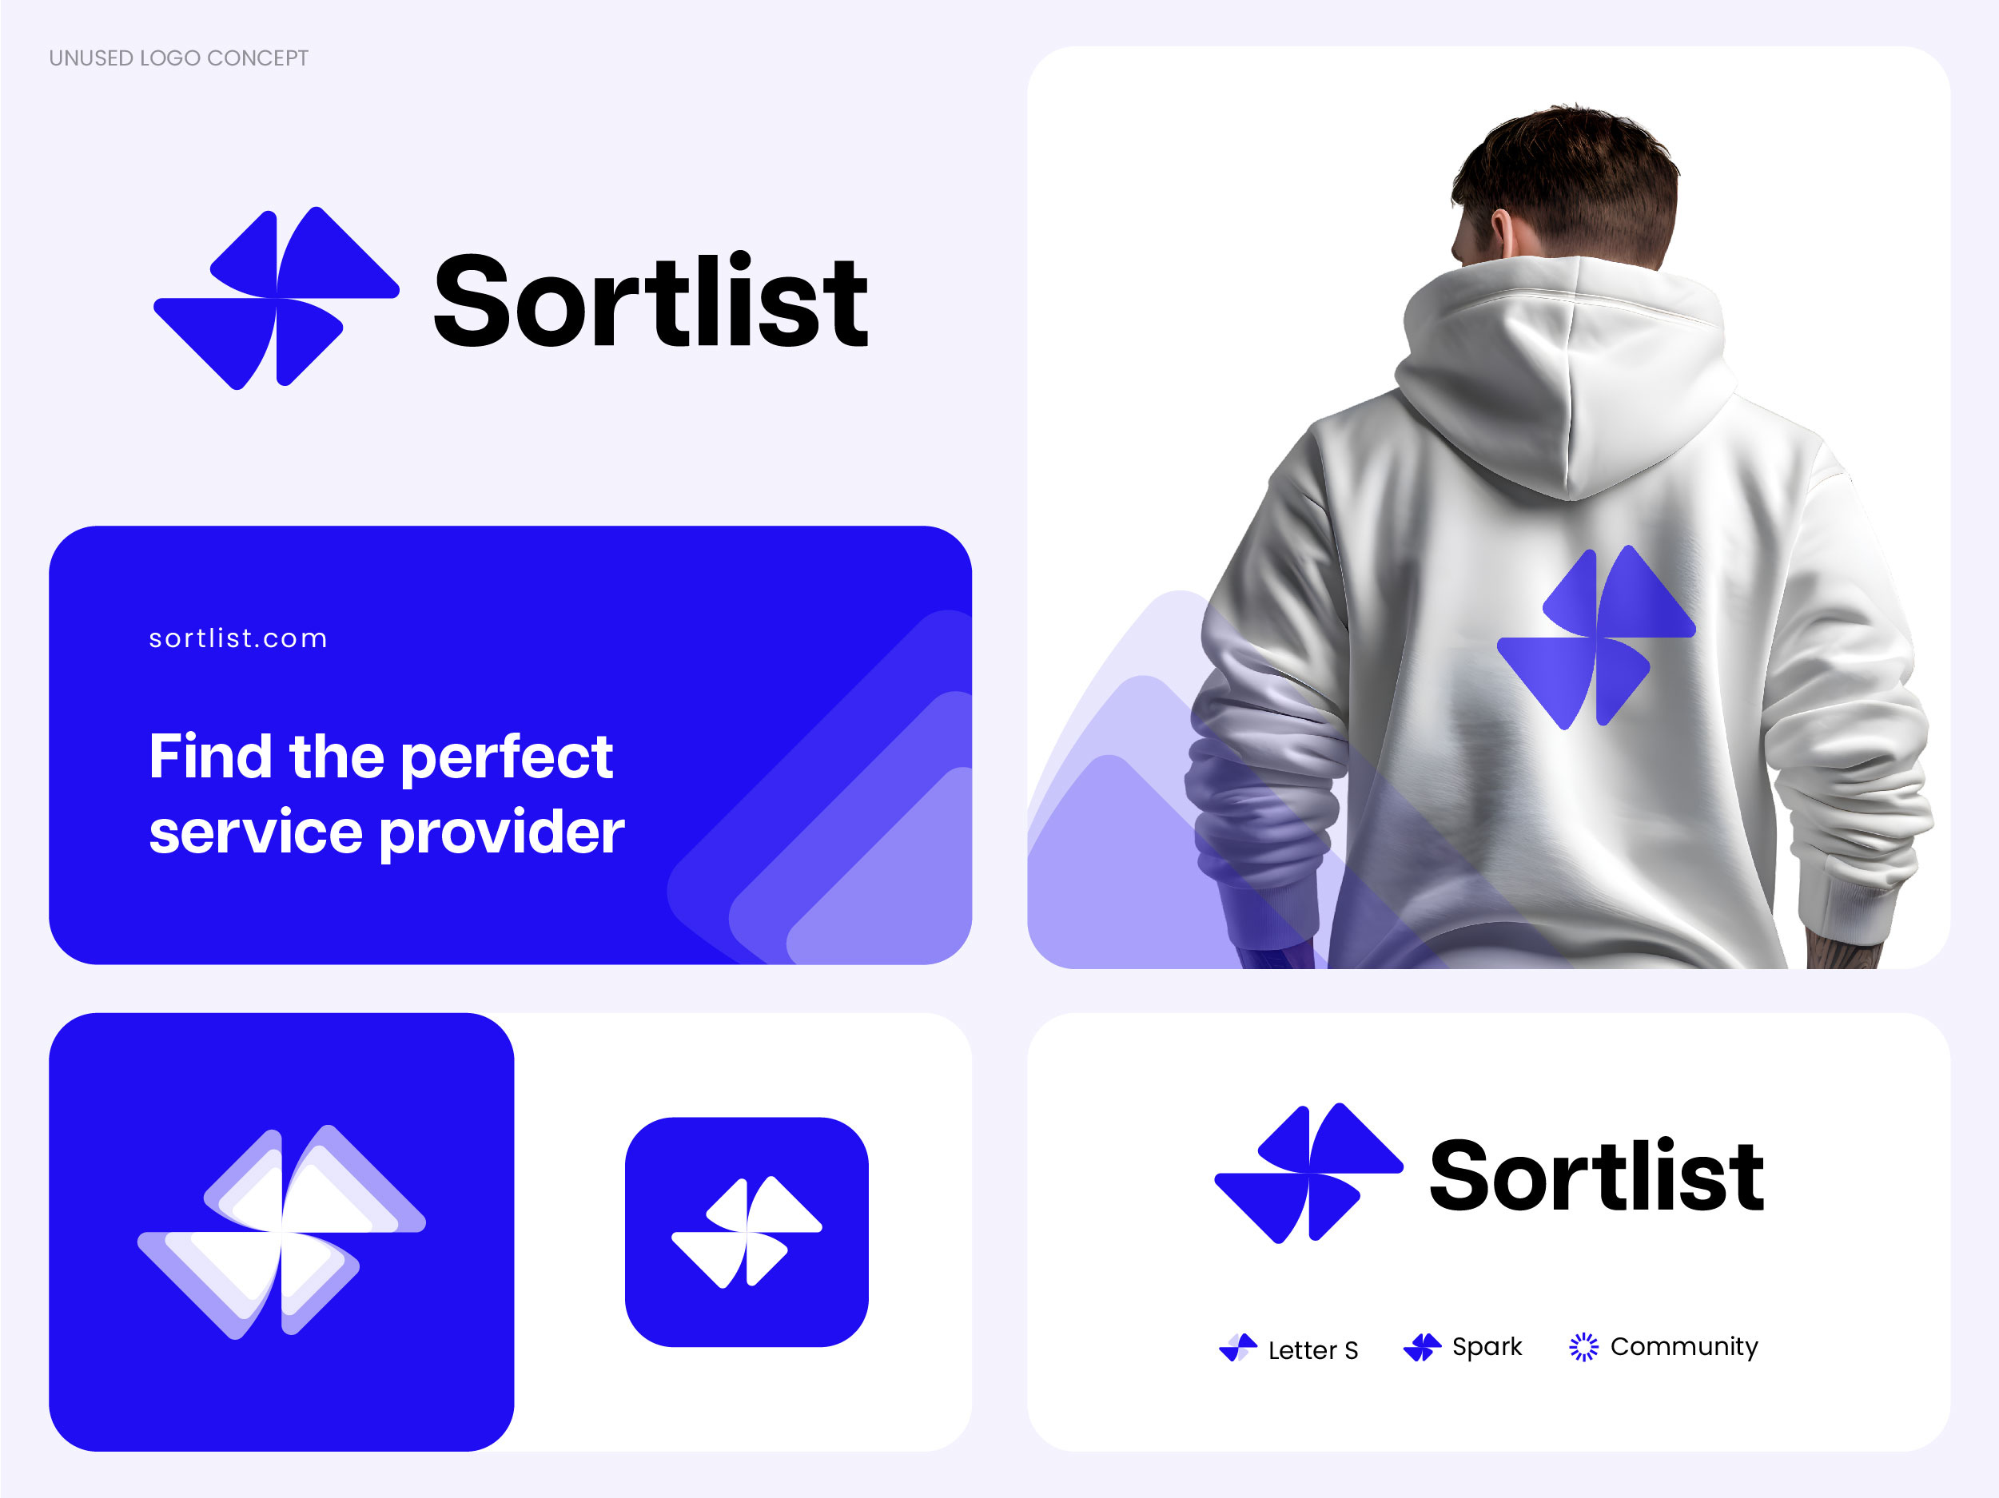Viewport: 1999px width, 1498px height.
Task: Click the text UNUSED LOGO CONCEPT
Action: pyautogui.click(x=178, y=58)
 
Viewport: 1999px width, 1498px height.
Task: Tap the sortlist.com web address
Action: pyautogui.click(x=238, y=639)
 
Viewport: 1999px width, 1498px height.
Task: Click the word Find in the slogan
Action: pyautogui.click(x=209, y=757)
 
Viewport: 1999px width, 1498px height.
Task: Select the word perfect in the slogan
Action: pyautogui.click(x=506, y=758)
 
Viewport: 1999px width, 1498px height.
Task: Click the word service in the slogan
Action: pyautogui.click(x=256, y=832)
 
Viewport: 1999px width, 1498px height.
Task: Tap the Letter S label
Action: pyautogui.click(x=1312, y=1350)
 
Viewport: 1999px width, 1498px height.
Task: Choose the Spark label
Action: pyautogui.click(x=1487, y=1346)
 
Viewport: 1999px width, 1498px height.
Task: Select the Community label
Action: pyautogui.click(x=1683, y=1346)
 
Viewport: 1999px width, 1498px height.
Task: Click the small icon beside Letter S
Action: pyautogui.click(x=1238, y=1347)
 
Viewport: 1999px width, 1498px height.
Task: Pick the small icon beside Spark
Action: pyautogui.click(x=1422, y=1347)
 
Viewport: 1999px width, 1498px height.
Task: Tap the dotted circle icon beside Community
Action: pyautogui.click(x=1583, y=1347)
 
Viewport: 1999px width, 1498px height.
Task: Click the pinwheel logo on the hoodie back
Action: pyautogui.click(x=1596, y=637)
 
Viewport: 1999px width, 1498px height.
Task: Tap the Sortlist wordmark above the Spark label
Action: pyautogui.click(x=1596, y=1174)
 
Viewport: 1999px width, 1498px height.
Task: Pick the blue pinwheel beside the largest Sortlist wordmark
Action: pyautogui.click(x=276, y=298)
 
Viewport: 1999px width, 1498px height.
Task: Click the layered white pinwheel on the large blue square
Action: pyautogui.click(x=281, y=1231)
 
